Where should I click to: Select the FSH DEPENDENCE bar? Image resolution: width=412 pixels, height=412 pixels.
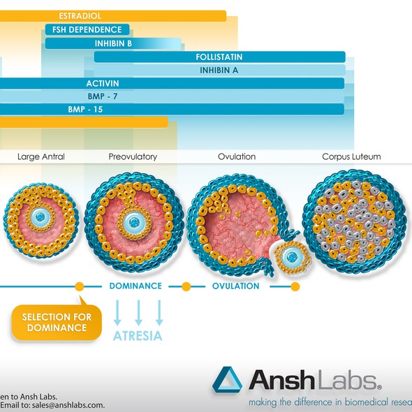[87, 29]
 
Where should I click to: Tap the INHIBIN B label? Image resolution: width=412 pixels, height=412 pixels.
[114, 43]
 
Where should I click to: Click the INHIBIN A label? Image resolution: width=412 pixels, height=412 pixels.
[219, 70]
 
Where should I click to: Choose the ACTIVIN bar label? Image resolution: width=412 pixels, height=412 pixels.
[102, 83]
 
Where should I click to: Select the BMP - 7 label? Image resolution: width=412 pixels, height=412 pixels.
[102, 96]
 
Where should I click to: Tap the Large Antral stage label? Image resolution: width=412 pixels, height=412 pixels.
[41, 156]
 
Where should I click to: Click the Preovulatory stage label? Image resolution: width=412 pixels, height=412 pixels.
[133, 156]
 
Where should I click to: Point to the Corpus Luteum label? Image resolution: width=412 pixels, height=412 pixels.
[351, 156]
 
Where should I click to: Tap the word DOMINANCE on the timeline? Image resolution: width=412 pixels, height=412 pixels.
[135, 286]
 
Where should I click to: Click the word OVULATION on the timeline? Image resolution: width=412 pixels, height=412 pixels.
[235, 286]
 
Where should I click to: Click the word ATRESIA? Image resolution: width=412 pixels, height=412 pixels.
[138, 336]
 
